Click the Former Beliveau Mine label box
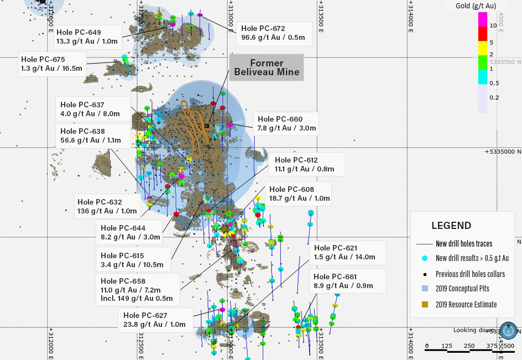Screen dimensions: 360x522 coord(267,67)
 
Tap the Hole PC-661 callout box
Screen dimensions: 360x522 coord(347,281)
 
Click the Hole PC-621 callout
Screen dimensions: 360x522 coord(347,252)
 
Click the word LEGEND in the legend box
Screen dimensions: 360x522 coord(451,226)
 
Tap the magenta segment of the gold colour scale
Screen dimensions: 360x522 coord(482,19)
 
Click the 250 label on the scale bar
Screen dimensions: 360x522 coord(469,346)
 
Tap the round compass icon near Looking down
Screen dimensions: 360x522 coord(509,330)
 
